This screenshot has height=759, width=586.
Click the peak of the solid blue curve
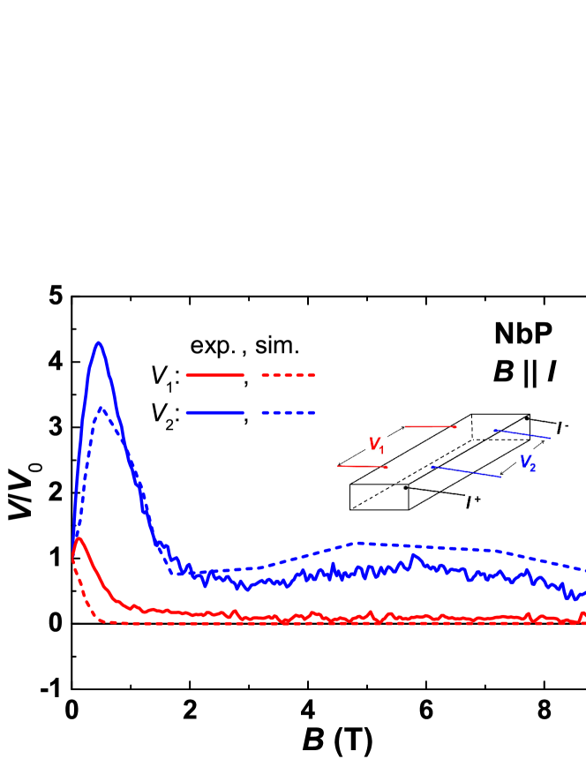click(99, 342)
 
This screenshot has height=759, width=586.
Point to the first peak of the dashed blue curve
click(102, 408)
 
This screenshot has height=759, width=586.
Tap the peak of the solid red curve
click(79, 537)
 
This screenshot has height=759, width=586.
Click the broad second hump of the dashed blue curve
click(362, 543)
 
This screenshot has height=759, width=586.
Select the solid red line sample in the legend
click(214, 375)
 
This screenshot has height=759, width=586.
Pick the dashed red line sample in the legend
click(288, 375)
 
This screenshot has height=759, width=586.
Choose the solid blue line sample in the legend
click(214, 412)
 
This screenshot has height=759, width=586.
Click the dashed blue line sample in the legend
click(288, 412)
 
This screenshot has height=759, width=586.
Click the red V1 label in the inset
click(376, 445)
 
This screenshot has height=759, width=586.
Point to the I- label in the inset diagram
click(561, 428)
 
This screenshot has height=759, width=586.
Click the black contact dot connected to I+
click(406, 487)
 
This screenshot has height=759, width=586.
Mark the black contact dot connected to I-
click(528, 417)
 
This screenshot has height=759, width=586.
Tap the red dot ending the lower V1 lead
click(387, 467)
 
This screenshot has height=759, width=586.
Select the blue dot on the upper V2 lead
click(495, 431)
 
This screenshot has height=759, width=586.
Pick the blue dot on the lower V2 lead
click(432, 468)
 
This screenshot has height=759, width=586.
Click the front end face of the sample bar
click(379, 497)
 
